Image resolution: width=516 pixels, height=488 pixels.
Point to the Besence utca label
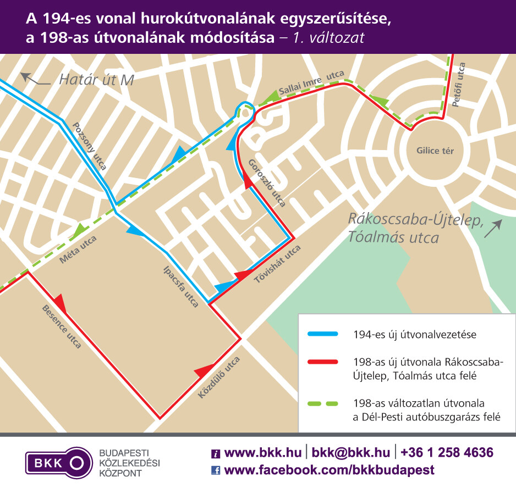62,327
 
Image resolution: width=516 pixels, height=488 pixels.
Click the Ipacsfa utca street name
181,286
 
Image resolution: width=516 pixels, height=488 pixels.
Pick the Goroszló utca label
267,183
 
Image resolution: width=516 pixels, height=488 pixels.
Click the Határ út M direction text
96,80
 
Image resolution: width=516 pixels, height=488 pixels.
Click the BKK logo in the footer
59,462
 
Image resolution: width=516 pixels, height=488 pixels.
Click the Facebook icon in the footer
216,470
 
